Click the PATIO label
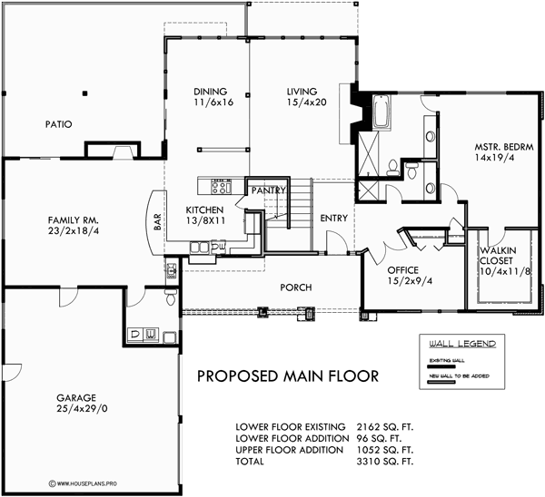55,124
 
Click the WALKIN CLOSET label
499,256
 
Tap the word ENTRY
333,219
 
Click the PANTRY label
270,191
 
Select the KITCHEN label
205,208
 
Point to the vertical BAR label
157,222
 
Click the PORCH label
296,287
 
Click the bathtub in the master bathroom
380,115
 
